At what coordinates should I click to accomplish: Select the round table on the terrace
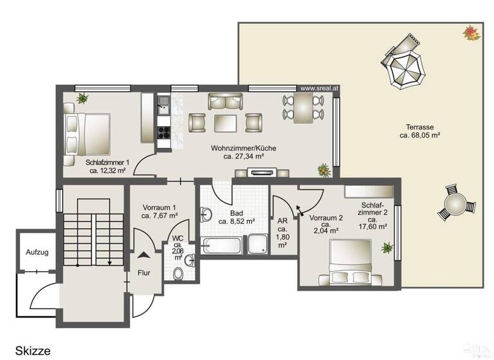tap(455, 204)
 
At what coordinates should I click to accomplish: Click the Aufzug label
tap(37, 253)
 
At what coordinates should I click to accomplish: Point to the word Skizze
tap(33, 350)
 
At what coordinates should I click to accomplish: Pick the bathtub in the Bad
tap(221, 245)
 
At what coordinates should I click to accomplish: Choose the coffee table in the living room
tap(225, 122)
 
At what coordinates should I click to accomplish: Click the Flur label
tap(143, 273)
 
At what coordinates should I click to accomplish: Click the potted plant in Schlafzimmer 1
tap(82, 98)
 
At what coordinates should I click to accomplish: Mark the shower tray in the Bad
tap(259, 244)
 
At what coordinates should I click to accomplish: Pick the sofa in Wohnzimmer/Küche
tap(225, 101)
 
